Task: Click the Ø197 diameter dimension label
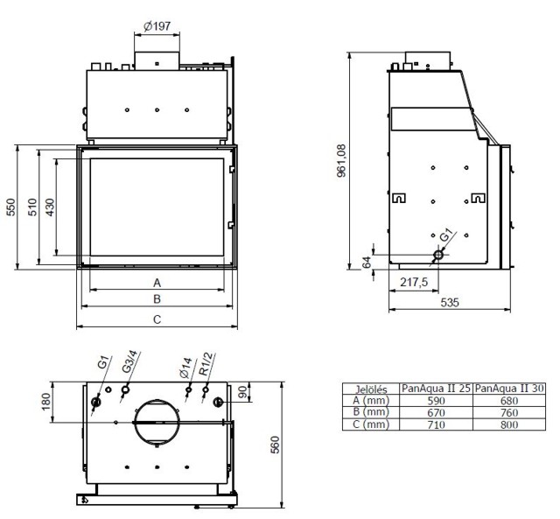tap(157, 25)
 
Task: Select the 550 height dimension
tap(10, 207)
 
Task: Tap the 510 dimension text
tap(31, 207)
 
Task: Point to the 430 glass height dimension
tap(50, 207)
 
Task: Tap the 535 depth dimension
tap(448, 303)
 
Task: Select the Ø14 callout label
tap(185, 368)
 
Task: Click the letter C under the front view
tap(157, 319)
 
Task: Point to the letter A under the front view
tap(157, 283)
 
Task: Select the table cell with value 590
tap(435, 400)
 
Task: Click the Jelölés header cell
tap(371, 389)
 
